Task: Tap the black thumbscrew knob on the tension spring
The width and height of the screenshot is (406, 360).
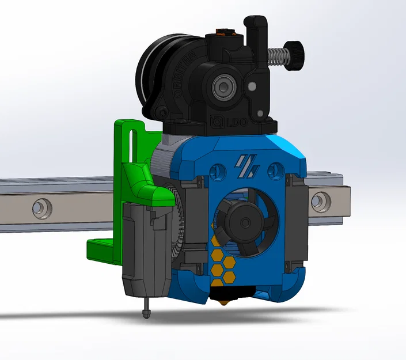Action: click(295, 54)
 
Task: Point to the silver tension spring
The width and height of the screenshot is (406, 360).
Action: click(278, 56)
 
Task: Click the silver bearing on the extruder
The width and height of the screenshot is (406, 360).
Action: click(221, 88)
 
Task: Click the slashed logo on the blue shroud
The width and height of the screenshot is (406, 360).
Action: click(246, 166)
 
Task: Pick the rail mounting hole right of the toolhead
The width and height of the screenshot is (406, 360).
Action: click(318, 202)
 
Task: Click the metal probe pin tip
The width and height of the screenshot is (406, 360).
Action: click(146, 313)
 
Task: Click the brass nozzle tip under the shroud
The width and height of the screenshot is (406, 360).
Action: click(221, 301)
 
